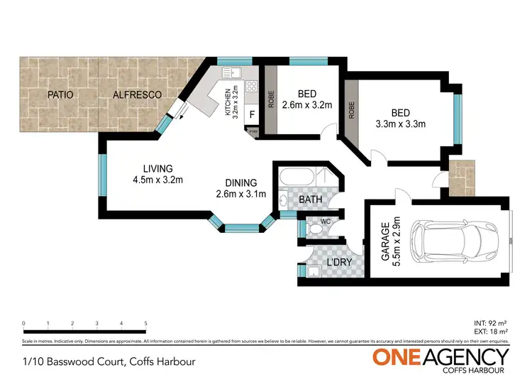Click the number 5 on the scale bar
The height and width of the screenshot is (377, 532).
(145, 323)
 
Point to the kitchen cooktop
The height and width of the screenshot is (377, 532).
(250, 86)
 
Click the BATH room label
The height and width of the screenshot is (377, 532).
(310, 200)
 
